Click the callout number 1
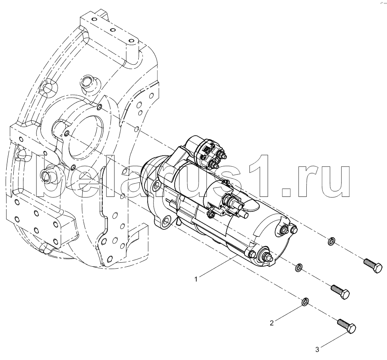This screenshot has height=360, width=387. pos(196,280)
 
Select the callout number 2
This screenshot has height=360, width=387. pos(272,323)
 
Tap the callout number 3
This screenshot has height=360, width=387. pos(317,350)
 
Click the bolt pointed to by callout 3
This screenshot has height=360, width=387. pos(347,326)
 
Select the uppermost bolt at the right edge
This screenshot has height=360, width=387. pos(373,265)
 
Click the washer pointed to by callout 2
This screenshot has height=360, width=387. pos(305,301)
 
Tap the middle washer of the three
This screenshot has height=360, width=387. pos(298,267)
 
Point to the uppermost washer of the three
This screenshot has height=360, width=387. pos(331,241)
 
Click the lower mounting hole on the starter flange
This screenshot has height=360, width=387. pos(166,220)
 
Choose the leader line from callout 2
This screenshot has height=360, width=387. pos(288,313)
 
